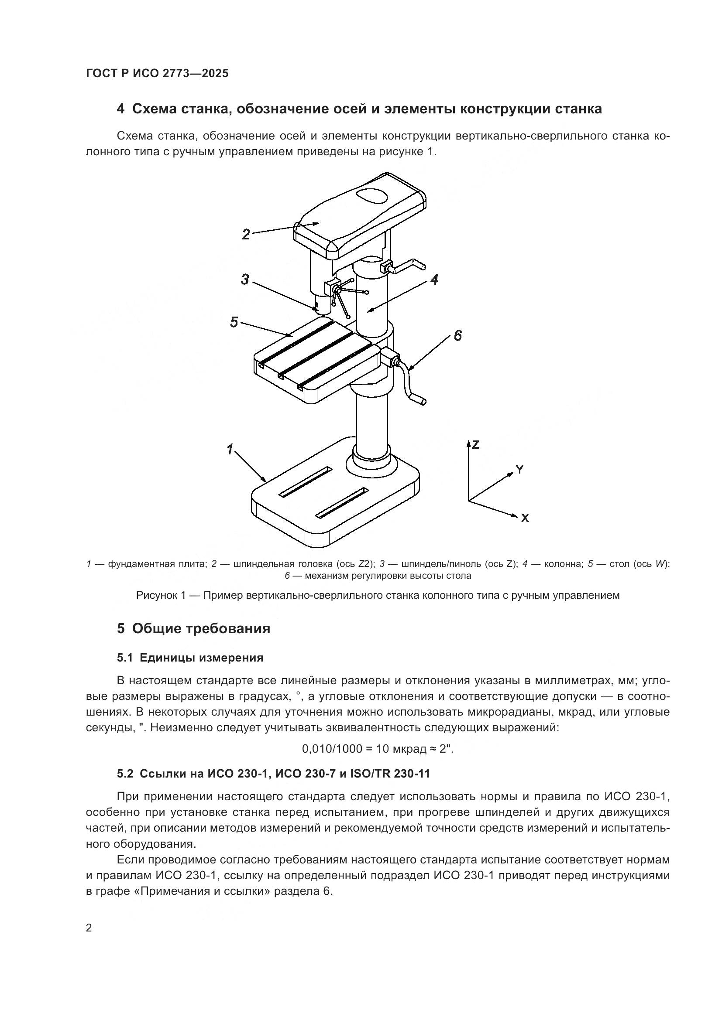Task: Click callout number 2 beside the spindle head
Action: point(246,234)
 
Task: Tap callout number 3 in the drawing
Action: point(245,280)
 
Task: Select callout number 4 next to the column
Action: point(434,280)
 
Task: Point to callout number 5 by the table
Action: point(234,322)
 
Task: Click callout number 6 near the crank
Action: point(457,335)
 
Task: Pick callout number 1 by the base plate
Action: point(230,450)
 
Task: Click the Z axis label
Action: point(475,444)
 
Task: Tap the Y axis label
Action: point(519,470)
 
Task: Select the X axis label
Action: point(525,518)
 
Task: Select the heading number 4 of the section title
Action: point(120,109)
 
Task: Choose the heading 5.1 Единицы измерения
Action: point(190,658)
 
